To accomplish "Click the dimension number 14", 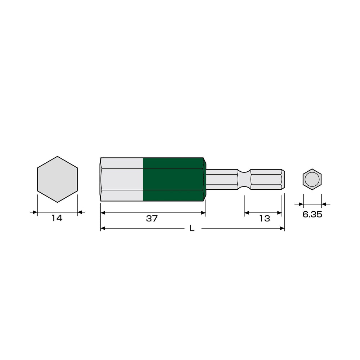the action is [57, 218].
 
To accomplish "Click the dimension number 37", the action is [152, 219].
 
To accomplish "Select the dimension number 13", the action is [265, 219].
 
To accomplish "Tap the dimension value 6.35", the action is [312, 215].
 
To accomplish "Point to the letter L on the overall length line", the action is [192, 228].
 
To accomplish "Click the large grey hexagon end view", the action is [57, 179].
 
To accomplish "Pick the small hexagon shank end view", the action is [312, 179].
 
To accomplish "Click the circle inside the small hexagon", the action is [312, 179].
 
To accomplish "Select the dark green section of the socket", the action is [174, 179].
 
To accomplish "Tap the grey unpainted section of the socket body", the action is [122, 179].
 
